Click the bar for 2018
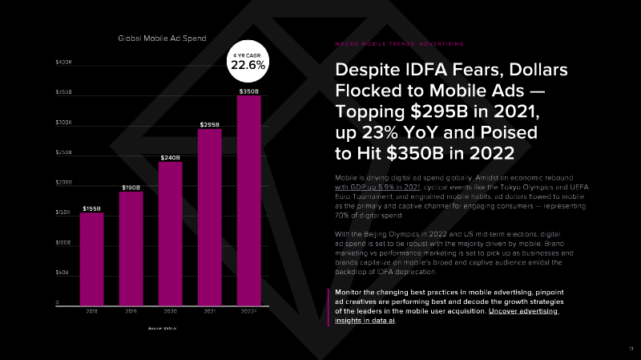(x=92, y=257)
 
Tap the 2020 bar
(x=170, y=233)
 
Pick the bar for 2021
(x=209, y=216)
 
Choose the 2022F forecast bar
(x=248, y=200)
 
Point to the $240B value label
(x=170, y=157)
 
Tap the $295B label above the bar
(x=209, y=125)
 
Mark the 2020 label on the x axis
(x=170, y=311)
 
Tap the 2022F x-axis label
(x=248, y=311)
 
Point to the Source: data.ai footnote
(x=162, y=329)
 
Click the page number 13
(x=630, y=347)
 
